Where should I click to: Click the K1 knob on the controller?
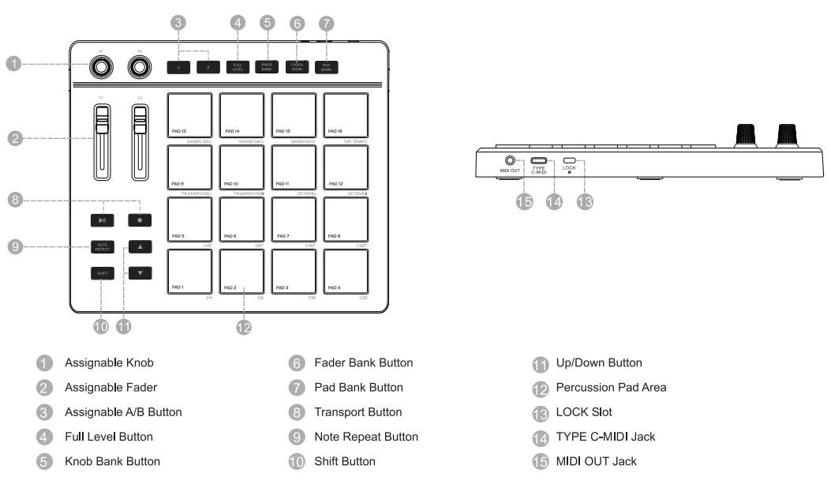point(101,69)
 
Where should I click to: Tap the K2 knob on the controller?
point(140,69)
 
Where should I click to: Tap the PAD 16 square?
point(346,115)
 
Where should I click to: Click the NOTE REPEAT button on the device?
point(102,247)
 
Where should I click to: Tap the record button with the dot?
point(140,220)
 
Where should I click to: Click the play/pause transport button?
point(102,220)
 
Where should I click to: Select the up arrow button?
point(140,247)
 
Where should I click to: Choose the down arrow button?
point(140,273)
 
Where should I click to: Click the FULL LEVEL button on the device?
point(238,67)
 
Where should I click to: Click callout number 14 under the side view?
point(555,202)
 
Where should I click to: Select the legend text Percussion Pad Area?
point(611,388)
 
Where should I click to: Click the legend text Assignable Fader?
point(110,388)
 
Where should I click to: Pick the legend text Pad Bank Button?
point(358,388)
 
